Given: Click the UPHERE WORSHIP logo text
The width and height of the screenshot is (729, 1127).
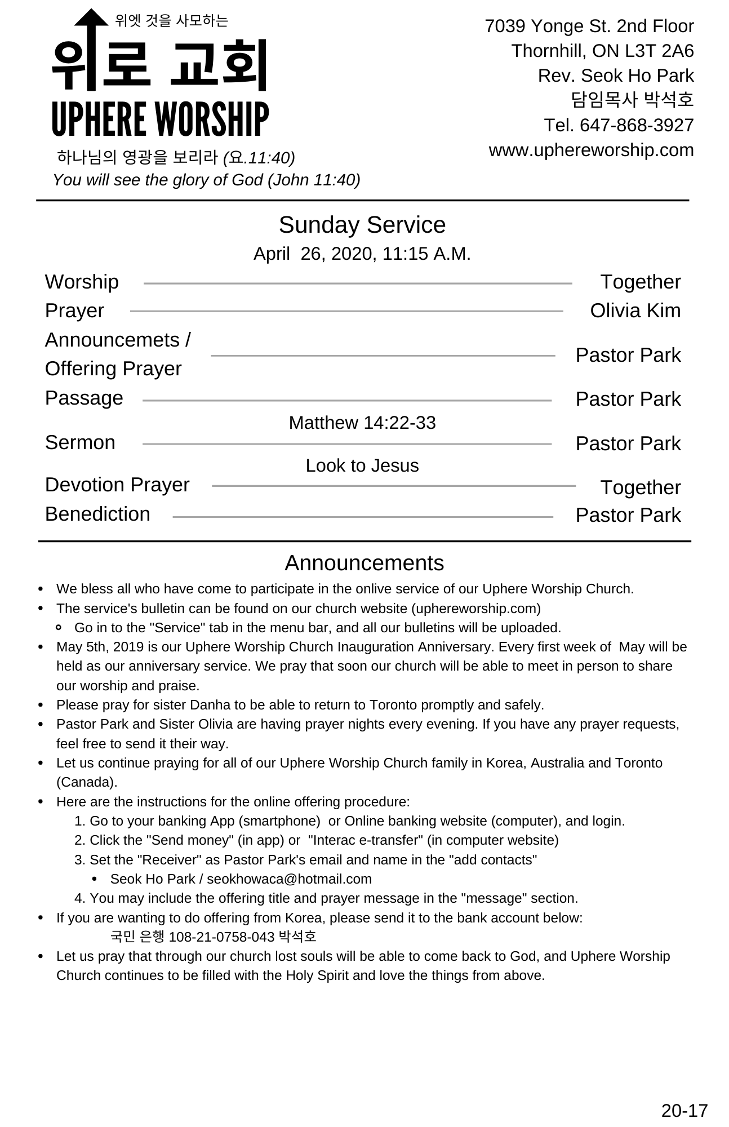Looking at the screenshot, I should coord(160,119).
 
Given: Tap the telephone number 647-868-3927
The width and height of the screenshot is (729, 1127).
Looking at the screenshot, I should coord(637,125).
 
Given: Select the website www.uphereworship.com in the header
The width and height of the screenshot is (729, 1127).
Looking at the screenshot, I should coord(591,150).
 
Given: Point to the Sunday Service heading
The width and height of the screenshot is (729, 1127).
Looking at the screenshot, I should coord(362,225).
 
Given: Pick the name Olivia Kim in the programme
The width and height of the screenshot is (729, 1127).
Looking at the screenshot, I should coord(635,311).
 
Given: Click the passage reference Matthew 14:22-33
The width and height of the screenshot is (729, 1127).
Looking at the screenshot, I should coord(362,423).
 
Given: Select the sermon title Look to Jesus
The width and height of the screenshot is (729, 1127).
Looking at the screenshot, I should coord(362,465).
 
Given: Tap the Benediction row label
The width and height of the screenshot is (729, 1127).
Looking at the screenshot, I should coord(97,514).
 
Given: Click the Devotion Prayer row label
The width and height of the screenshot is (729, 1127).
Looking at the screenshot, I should coord(117,485).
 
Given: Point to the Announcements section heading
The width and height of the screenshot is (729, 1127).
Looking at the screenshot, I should coord(364,563).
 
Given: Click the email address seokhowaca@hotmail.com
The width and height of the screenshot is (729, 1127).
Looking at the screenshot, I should coord(289,879).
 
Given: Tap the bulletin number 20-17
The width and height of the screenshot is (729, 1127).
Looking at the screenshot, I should coord(684,1111).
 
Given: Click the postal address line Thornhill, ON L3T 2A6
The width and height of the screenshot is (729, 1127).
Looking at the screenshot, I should coord(602,51).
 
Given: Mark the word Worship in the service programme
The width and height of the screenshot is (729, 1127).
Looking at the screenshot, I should coord(82,282).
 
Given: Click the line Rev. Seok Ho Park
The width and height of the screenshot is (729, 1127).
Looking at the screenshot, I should coord(615,76).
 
